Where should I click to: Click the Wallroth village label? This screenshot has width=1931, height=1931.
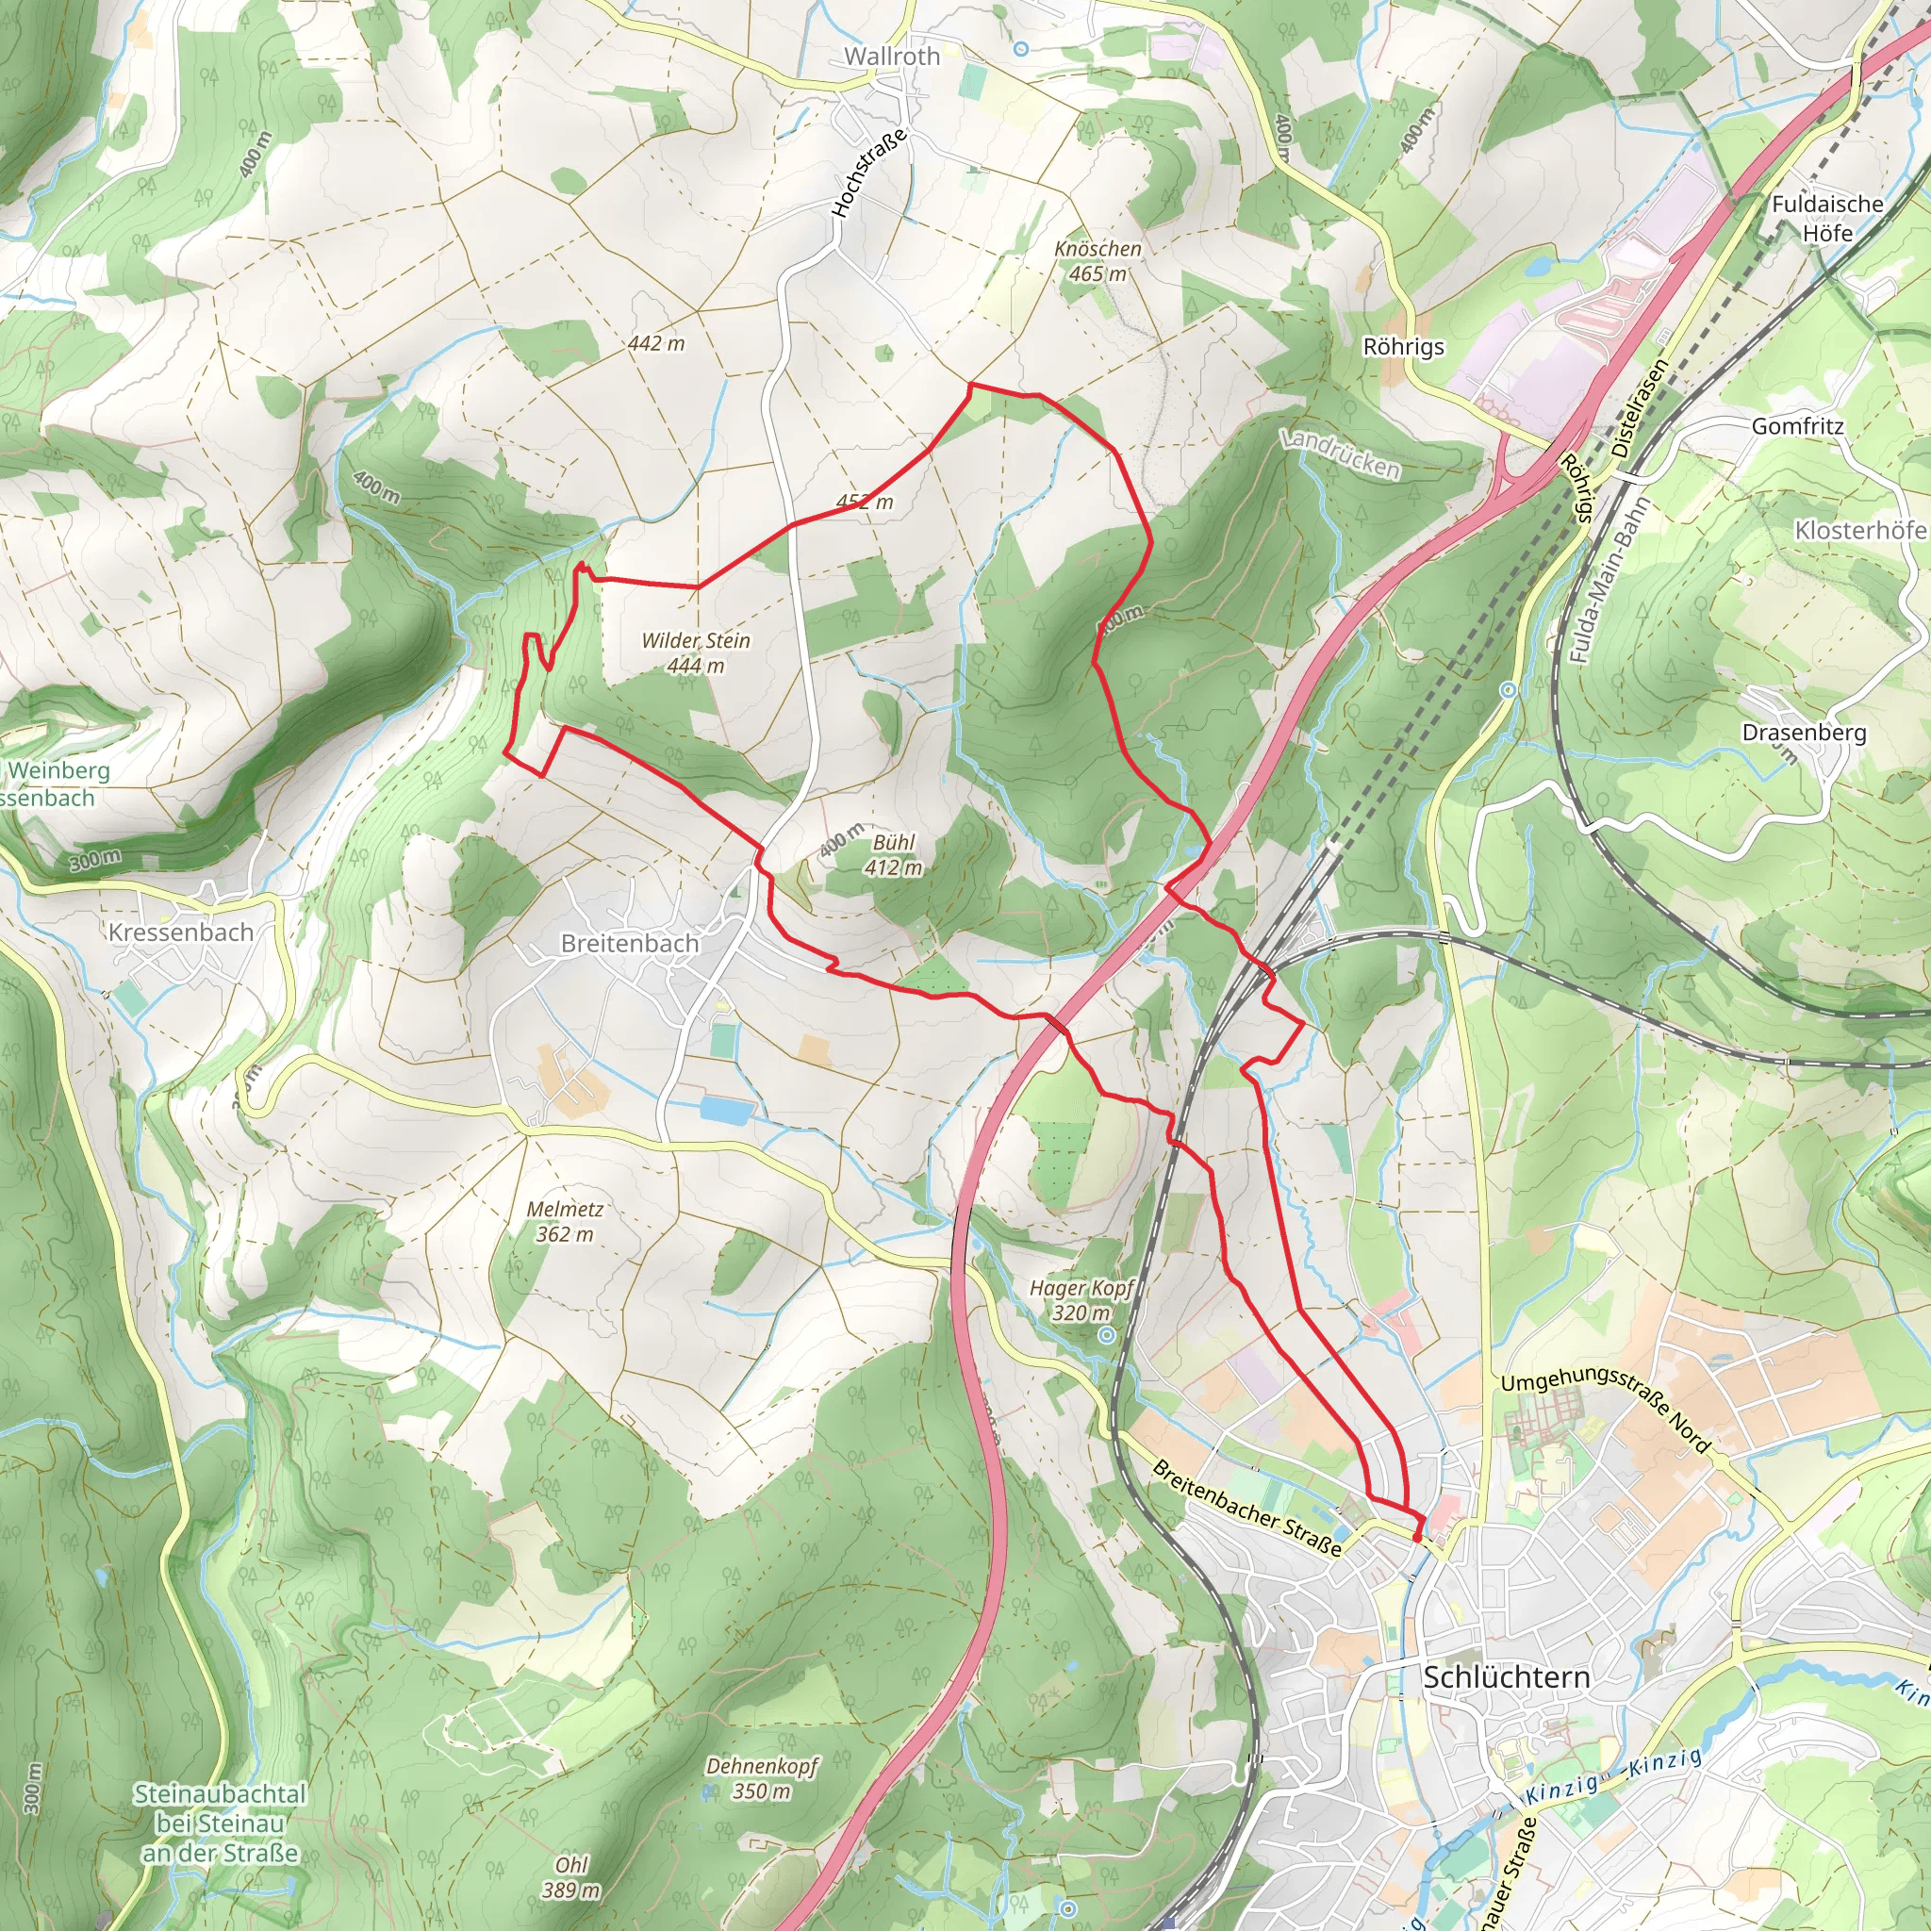click(892, 56)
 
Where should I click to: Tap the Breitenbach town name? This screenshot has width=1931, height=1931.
click(629, 943)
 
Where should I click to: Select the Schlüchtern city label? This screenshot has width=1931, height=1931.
click(1505, 1677)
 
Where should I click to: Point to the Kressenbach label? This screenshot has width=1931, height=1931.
click(181, 932)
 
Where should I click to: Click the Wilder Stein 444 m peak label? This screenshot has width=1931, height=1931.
click(696, 652)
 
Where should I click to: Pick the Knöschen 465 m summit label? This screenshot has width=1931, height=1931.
click(1098, 260)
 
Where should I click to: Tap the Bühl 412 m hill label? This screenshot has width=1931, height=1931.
click(893, 854)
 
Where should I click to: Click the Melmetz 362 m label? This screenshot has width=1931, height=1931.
click(565, 1221)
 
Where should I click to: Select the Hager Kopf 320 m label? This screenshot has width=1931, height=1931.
click(1081, 1299)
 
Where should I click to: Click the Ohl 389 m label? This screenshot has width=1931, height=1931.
click(570, 1876)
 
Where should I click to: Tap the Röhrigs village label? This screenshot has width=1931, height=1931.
click(1403, 347)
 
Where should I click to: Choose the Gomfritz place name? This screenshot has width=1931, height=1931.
click(1797, 426)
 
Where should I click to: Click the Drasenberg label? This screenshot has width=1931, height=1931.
click(1803, 732)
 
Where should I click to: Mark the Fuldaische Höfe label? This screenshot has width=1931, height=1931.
click(1827, 218)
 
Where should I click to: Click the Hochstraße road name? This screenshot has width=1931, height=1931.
click(869, 172)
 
